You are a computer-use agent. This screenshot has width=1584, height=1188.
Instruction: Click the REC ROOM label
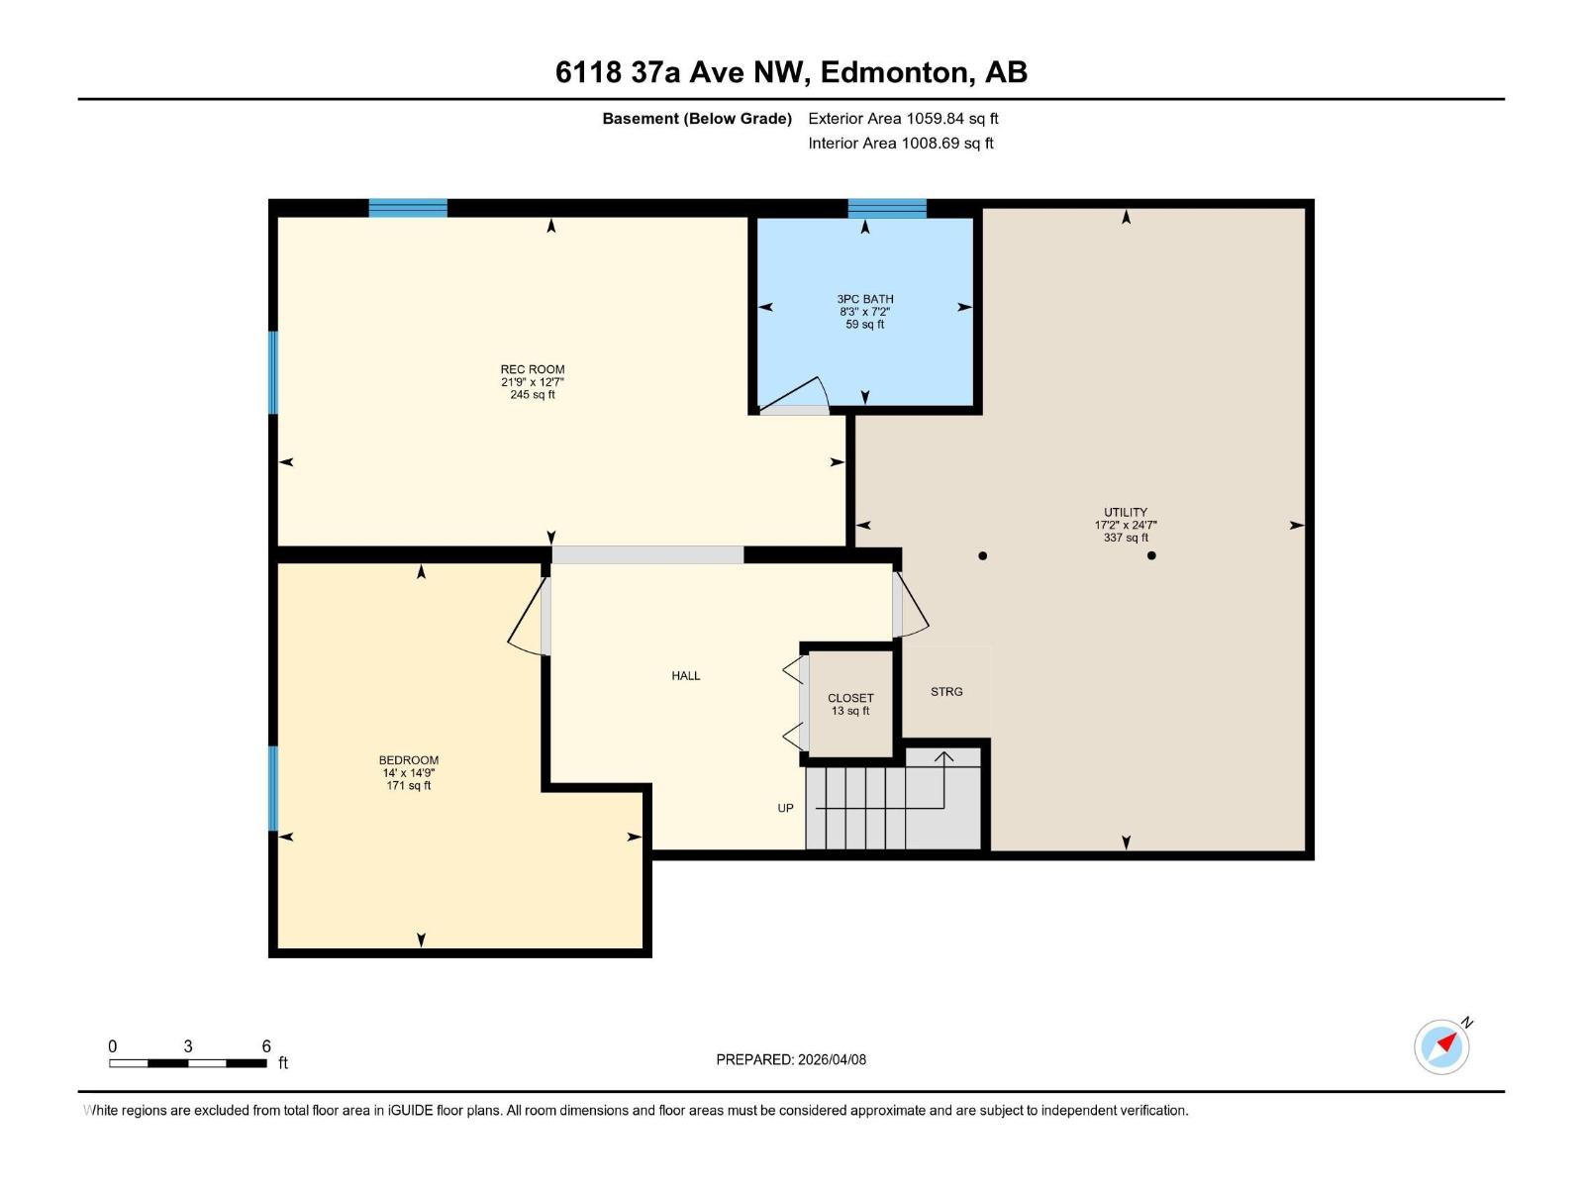532,369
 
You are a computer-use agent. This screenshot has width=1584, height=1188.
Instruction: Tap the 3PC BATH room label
864,299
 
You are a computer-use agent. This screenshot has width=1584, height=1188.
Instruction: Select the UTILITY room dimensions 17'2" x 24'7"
1126,526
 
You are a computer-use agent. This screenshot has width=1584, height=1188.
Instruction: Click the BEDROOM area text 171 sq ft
408,786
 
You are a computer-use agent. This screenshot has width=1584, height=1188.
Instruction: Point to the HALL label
685,676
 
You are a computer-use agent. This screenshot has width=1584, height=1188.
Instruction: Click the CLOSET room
850,703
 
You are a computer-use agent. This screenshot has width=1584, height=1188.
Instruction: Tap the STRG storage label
946,692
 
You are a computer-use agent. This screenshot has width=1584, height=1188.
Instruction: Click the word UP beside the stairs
785,809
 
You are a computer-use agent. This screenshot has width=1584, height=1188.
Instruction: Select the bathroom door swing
797,395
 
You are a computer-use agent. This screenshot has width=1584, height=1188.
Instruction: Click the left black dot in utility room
982,555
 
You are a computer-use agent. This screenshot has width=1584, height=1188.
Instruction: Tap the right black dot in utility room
1151,555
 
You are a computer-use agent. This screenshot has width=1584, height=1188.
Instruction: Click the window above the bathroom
887,208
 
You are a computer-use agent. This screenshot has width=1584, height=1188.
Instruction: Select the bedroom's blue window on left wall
273,787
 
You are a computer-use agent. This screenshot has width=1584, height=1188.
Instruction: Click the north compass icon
1442,1046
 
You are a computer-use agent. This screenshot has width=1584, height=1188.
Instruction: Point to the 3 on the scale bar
187,1046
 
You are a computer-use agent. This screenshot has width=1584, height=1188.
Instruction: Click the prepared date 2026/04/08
832,1059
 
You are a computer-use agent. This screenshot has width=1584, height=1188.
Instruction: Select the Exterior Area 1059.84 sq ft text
903,119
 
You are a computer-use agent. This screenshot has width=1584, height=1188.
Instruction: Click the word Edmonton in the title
895,72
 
